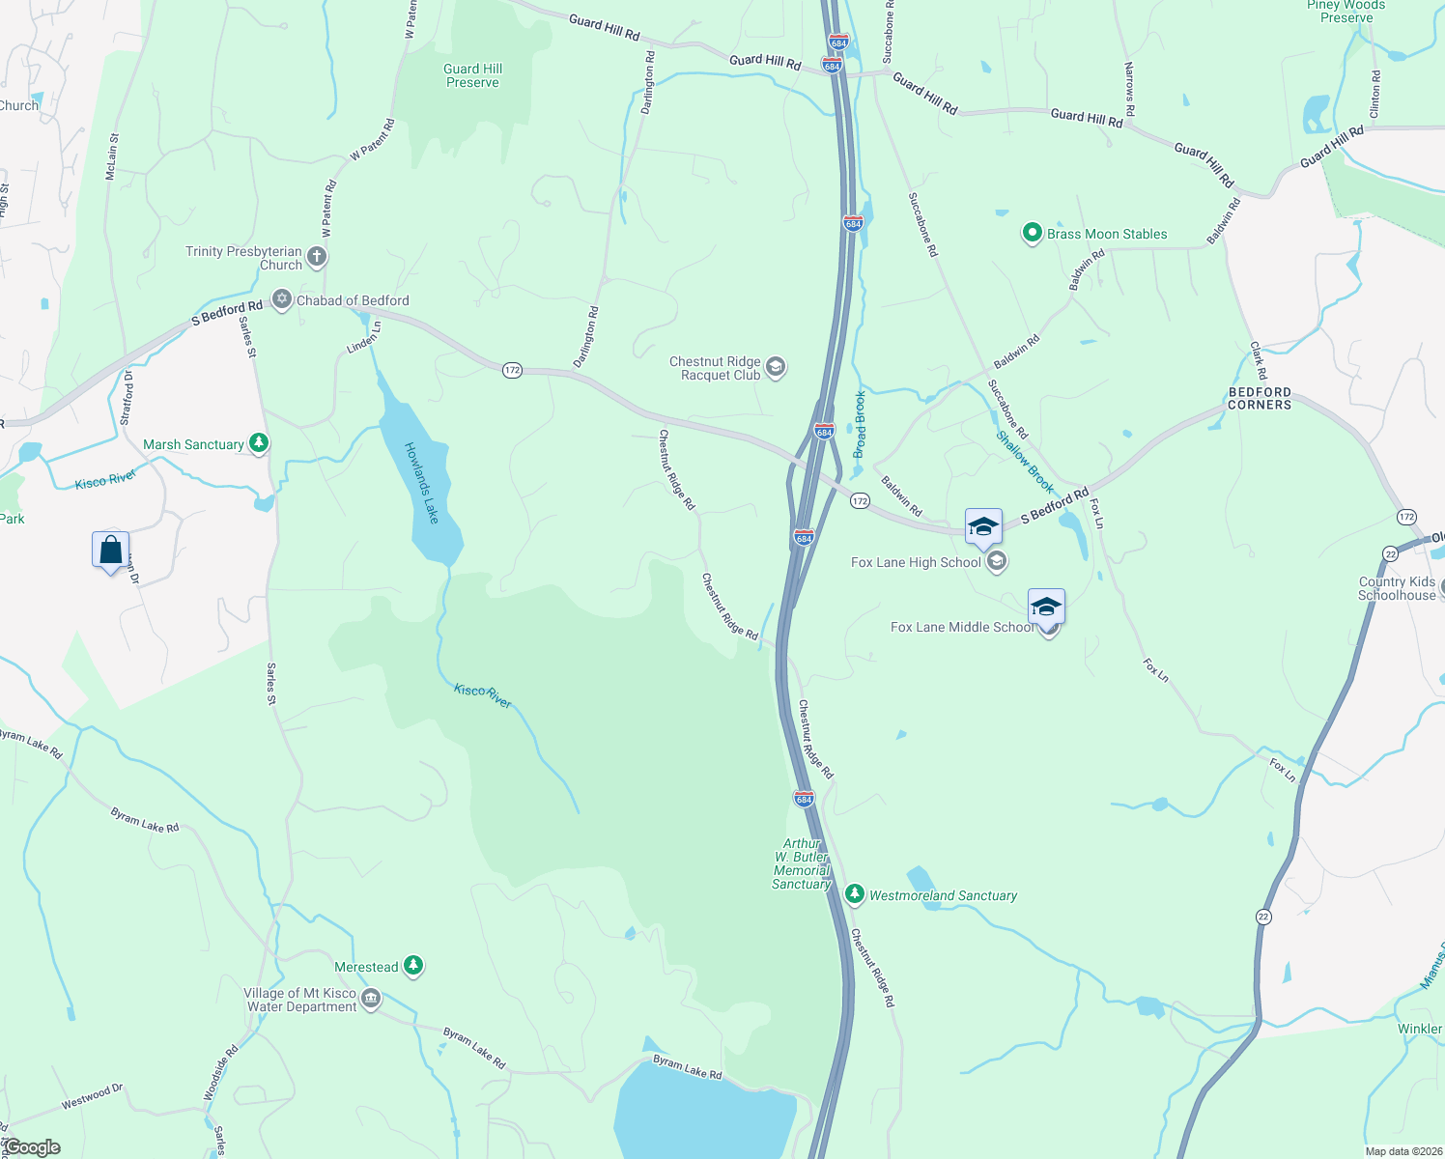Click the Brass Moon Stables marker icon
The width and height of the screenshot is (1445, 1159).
tap(1032, 233)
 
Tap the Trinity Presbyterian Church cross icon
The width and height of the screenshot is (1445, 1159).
tap(317, 257)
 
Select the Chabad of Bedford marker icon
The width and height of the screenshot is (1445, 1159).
tap(282, 299)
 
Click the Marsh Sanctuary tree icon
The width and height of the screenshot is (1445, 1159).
tap(258, 443)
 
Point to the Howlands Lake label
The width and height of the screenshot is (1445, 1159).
tap(422, 483)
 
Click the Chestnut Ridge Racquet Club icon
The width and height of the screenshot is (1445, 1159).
tap(775, 367)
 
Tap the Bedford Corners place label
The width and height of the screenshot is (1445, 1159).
tap(1260, 399)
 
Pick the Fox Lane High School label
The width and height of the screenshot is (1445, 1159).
tap(916, 562)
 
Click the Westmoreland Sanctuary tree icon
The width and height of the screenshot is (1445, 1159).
tap(854, 894)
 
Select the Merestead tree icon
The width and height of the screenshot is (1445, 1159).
tap(413, 965)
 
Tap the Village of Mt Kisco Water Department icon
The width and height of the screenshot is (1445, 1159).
tap(371, 998)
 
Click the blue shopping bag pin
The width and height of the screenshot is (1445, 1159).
tap(110, 551)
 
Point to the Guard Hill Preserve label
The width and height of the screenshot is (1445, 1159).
tap(473, 75)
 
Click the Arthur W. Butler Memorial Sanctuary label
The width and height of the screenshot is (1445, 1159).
tap(802, 863)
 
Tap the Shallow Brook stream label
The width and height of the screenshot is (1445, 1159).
tap(1025, 462)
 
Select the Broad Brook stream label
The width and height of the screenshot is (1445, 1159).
tap(860, 424)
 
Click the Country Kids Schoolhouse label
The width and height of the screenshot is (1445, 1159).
tap(1397, 588)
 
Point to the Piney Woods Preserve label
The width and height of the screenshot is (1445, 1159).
tap(1346, 12)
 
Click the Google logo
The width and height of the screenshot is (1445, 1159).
tap(32, 1147)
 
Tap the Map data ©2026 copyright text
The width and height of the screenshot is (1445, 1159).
tap(1402, 1151)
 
